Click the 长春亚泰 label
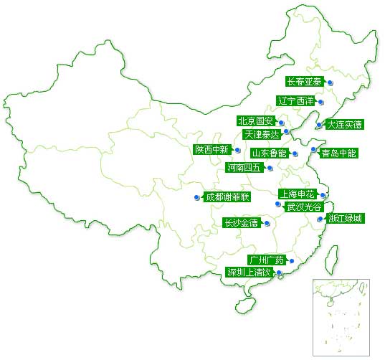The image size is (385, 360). click(305, 81)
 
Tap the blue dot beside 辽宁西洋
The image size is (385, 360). click(320, 102)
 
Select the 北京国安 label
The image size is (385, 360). click(256, 120)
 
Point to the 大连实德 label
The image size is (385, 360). click(345, 125)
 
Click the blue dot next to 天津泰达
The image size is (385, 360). click(286, 131)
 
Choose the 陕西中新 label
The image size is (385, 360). click(212, 150)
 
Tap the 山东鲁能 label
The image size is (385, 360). click(270, 153)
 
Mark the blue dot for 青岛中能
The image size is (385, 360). click(313, 149)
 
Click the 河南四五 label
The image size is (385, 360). click(244, 168)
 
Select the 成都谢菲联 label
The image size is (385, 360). click(227, 197)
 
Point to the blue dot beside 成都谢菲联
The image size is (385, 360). click(196, 197)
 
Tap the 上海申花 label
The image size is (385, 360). click(298, 194)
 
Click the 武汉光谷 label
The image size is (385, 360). click(304, 207)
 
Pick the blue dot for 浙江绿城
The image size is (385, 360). click(320, 219)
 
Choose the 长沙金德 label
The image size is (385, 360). click(242, 223)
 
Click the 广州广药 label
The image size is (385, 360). click(267, 260)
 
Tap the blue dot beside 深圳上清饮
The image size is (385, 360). click(279, 273)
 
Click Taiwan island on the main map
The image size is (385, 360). click(331, 260)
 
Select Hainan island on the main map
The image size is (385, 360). click(245, 306)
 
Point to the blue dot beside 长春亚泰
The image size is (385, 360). click(331, 82)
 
